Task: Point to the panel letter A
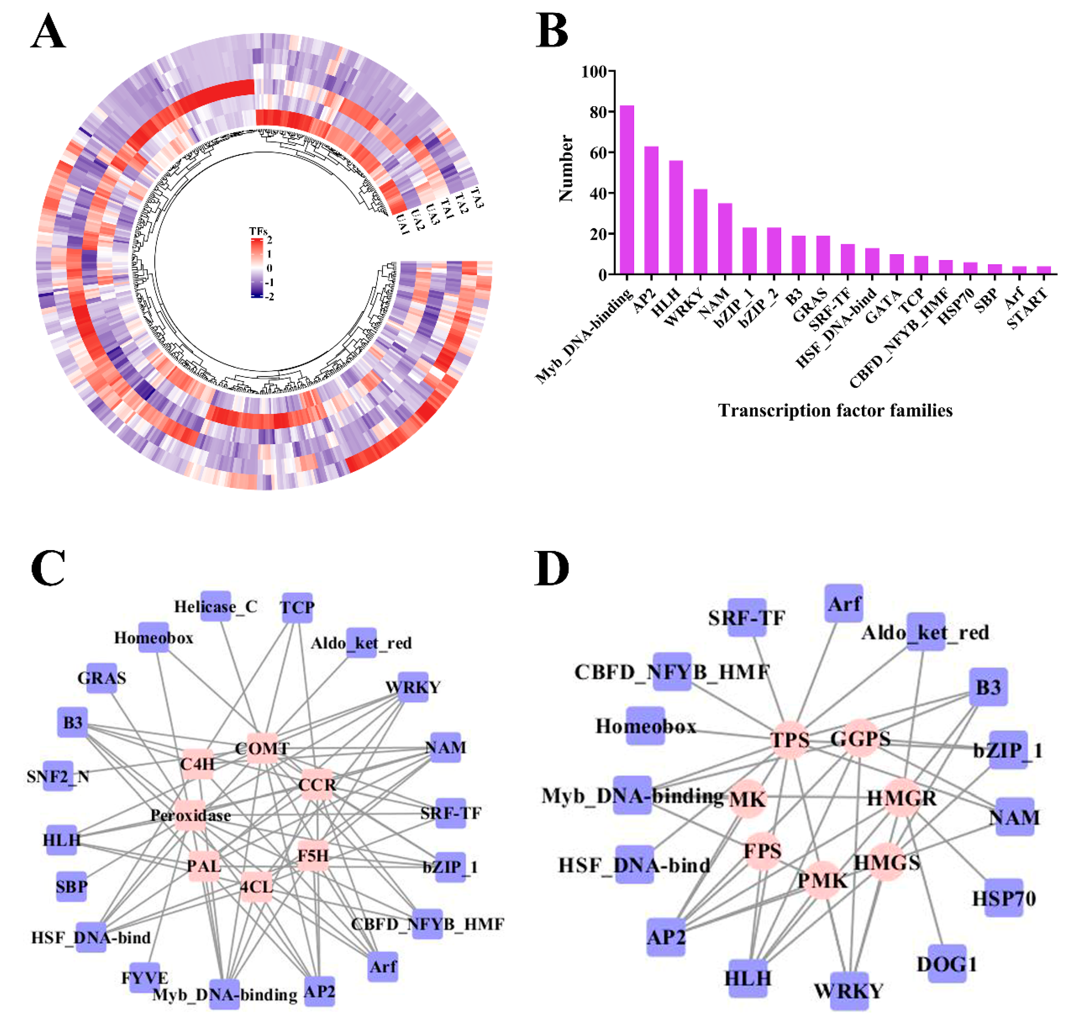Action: (48, 32)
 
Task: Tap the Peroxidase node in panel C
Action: (190, 815)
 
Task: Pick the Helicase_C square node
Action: (216, 606)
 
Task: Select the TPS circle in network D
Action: (789, 740)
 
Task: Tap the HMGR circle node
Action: (901, 798)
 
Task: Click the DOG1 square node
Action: (947, 963)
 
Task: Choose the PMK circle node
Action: (822, 880)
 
